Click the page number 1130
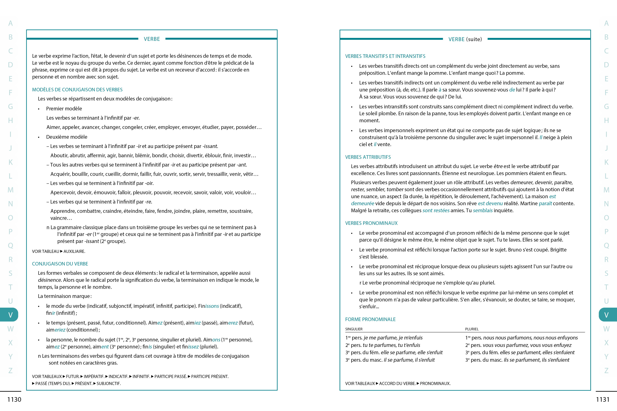[x=14, y=399]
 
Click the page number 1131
[x=603, y=399]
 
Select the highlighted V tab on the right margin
[x=606, y=315]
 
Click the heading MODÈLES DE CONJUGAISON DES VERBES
[x=77, y=90]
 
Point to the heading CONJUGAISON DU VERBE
[x=60, y=264]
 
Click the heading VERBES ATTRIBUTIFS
[x=368, y=157]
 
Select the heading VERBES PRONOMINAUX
[x=371, y=223]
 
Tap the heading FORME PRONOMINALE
[x=370, y=319]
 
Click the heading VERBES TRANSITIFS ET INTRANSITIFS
[x=385, y=56]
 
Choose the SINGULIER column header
[x=354, y=329]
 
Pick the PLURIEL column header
[x=472, y=329]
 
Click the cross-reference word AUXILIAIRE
[x=74, y=251]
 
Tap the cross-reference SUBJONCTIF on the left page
[x=109, y=383]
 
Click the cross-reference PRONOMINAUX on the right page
[x=435, y=383]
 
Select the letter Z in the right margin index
[x=606, y=370]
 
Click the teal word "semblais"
[x=483, y=211]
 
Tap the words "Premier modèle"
[x=64, y=109]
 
